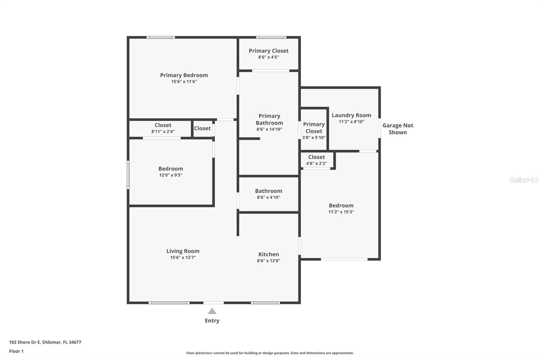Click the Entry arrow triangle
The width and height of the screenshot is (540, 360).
tap(212, 311)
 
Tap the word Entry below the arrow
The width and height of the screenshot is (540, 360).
tap(212, 321)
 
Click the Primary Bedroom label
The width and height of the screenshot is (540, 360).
tap(184, 75)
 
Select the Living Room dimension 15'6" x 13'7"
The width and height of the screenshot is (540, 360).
tap(183, 257)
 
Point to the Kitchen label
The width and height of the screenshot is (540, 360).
tap(269, 254)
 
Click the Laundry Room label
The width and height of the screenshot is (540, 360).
tap(351, 115)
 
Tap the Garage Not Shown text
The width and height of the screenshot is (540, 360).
tap(398, 129)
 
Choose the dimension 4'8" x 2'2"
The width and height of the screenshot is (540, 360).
tap(317, 163)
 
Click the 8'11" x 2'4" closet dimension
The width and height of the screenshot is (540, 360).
tap(163, 131)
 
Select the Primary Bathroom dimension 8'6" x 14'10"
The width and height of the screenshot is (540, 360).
tap(269, 129)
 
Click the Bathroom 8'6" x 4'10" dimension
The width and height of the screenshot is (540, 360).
tap(269, 197)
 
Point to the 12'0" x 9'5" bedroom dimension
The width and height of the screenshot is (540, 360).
tap(171, 175)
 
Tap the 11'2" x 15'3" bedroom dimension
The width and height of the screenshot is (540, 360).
tap(341, 212)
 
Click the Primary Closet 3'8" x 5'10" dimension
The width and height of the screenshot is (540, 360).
tap(314, 137)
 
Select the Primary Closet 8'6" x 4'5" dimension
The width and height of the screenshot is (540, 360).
tap(269, 57)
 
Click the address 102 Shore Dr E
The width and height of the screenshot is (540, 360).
tap(25, 342)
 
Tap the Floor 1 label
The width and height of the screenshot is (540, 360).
tap(16, 351)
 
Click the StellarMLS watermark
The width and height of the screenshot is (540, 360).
tap(524, 180)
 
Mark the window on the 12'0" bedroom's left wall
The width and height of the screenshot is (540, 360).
tap(128, 175)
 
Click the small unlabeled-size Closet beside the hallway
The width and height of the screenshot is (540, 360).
tap(202, 128)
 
